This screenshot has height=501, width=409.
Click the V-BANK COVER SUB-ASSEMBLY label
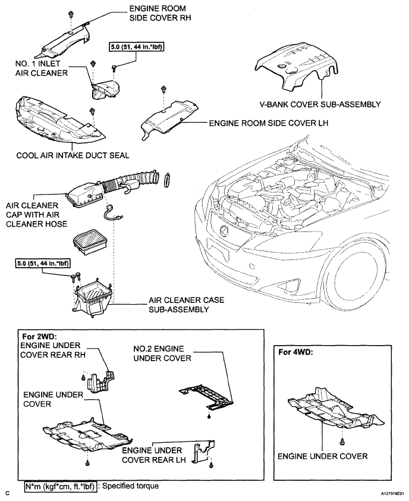point(320,105)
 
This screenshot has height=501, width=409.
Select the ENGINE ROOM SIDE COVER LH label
point(269,123)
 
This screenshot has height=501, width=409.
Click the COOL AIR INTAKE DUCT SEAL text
point(73,156)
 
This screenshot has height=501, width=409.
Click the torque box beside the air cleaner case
point(42,264)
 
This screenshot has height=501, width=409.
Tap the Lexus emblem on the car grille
point(222,228)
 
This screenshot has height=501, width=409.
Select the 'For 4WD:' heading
point(295,352)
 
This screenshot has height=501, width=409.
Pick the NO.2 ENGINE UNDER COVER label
point(162,353)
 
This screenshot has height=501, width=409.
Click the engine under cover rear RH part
point(101,381)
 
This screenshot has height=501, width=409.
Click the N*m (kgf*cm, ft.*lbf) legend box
point(60,487)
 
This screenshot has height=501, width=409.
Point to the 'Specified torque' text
point(130,486)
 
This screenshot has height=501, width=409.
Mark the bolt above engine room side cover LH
point(164,89)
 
